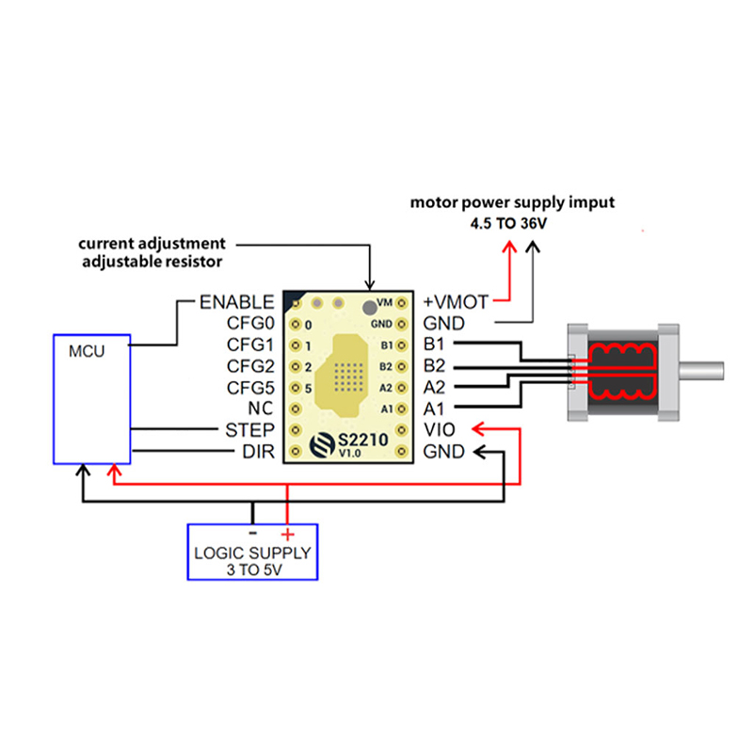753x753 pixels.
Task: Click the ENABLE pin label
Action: (x=236, y=302)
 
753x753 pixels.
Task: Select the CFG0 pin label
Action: (x=249, y=324)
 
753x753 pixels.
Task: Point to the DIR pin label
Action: (x=257, y=452)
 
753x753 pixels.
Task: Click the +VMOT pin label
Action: (x=457, y=302)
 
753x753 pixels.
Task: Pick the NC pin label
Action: (x=261, y=409)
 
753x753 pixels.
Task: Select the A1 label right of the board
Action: (x=434, y=409)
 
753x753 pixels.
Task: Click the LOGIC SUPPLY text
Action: (x=252, y=553)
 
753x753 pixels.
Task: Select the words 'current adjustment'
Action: (x=152, y=244)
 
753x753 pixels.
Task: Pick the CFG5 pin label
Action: (x=249, y=388)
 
